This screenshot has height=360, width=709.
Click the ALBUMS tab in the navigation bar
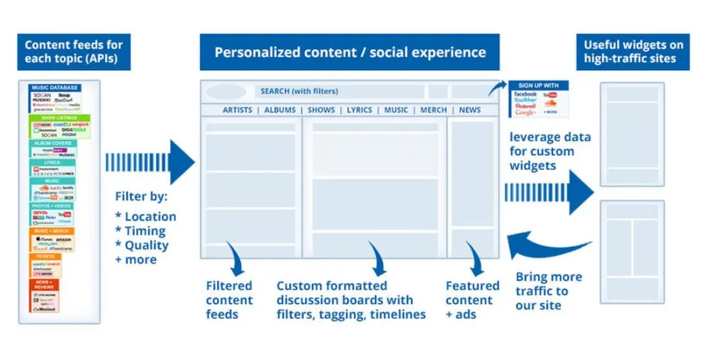pyautogui.click(x=279, y=111)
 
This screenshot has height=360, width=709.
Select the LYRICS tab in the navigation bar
pyautogui.click(x=359, y=111)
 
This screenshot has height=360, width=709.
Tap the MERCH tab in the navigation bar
pyautogui.click(x=433, y=111)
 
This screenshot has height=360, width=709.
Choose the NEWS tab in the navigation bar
pyautogui.click(x=469, y=111)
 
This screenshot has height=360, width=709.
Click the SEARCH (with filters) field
pyautogui.click(x=339, y=91)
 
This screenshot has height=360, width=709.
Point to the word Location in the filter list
pyautogui.click(x=150, y=217)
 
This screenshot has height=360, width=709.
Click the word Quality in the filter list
pyautogui.click(x=147, y=245)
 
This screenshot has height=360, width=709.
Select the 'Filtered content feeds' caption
pyautogui.click(x=229, y=300)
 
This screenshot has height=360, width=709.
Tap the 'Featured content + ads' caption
pyautogui.click(x=472, y=300)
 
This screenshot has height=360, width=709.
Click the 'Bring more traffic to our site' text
pyautogui.click(x=549, y=291)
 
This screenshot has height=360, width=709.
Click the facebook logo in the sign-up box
pyautogui.click(x=525, y=94)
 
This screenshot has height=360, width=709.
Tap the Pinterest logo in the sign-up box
pyautogui.click(x=525, y=106)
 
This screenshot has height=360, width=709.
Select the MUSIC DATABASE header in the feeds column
pyautogui.click(x=55, y=88)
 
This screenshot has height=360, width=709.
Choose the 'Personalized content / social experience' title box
pyautogui.click(x=350, y=53)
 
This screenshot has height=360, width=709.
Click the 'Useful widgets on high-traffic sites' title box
pyautogui.click(x=633, y=52)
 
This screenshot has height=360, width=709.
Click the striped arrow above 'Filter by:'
pyautogui.click(x=150, y=162)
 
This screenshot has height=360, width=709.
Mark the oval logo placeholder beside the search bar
pyautogui.click(x=227, y=92)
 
